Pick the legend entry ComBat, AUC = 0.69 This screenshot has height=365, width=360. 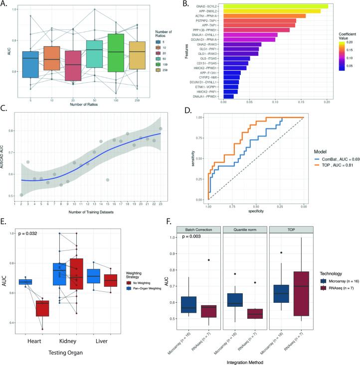(339, 157)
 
